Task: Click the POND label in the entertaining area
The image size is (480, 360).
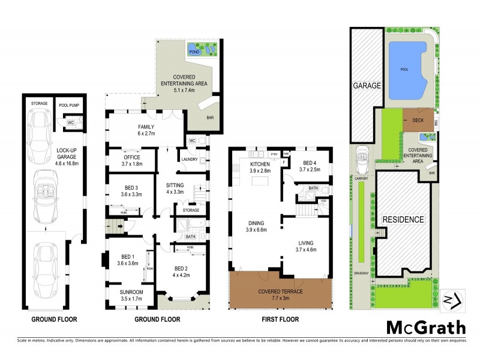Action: [x=194, y=52]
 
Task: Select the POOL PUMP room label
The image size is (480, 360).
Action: [x=70, y=105]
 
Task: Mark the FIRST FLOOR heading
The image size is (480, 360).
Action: [x=280, y=319]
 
